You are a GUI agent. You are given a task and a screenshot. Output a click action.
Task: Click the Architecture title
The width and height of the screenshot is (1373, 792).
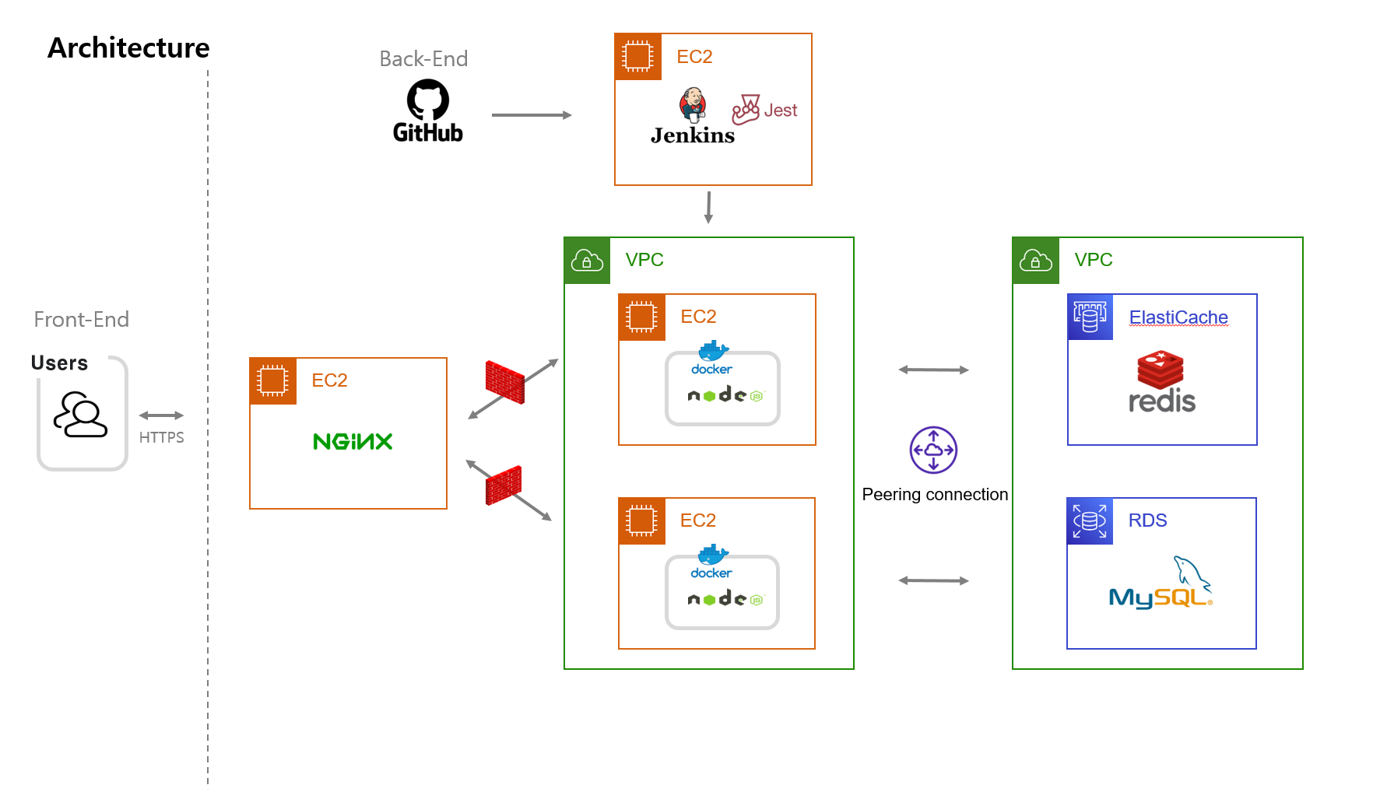[x=128, y=48]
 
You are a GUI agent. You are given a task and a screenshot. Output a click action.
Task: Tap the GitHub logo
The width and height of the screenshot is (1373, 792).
[x=427, y=112]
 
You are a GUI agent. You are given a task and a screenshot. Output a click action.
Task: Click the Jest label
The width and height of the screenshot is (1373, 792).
[x=780, y=110]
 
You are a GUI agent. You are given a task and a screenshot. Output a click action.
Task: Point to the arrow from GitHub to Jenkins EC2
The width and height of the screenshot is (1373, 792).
[x=532, y=115]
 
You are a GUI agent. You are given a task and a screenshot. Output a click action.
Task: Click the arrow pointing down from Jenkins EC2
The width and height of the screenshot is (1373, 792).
[x=708, y=207]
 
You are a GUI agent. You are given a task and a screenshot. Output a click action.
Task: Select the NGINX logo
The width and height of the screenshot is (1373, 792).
[x=353, y=442]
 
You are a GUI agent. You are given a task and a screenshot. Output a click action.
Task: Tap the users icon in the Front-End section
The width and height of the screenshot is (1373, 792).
[x=80, y=415]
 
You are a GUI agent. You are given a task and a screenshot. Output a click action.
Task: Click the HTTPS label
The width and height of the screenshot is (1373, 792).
[x=161, y=437]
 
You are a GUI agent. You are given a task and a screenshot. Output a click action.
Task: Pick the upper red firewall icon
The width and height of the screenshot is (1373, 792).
[x=504, y=382]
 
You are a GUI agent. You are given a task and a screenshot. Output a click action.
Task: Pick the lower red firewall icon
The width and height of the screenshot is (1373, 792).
[x=504, y=485]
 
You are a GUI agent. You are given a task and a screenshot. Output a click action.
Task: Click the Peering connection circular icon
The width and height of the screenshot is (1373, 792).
[x=933, y=450]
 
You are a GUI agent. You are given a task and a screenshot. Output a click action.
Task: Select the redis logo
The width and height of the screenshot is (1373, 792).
[x=1161, y=383]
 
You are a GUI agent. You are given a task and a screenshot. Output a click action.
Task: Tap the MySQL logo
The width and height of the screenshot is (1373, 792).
[x=1161, y=585]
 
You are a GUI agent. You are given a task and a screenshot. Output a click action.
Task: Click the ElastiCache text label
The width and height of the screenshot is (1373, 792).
[x=1178, y=317]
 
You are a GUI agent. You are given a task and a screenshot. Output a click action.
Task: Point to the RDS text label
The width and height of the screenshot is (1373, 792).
[x=1147, y=520]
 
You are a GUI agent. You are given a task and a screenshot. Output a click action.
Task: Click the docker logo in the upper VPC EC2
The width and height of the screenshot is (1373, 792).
[x=712, y=359]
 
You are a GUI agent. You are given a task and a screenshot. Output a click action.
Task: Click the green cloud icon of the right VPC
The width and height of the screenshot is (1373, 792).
[x=1035, y=261]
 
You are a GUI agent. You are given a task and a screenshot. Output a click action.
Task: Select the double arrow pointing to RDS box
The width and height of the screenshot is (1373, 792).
[x=933, y=580]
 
